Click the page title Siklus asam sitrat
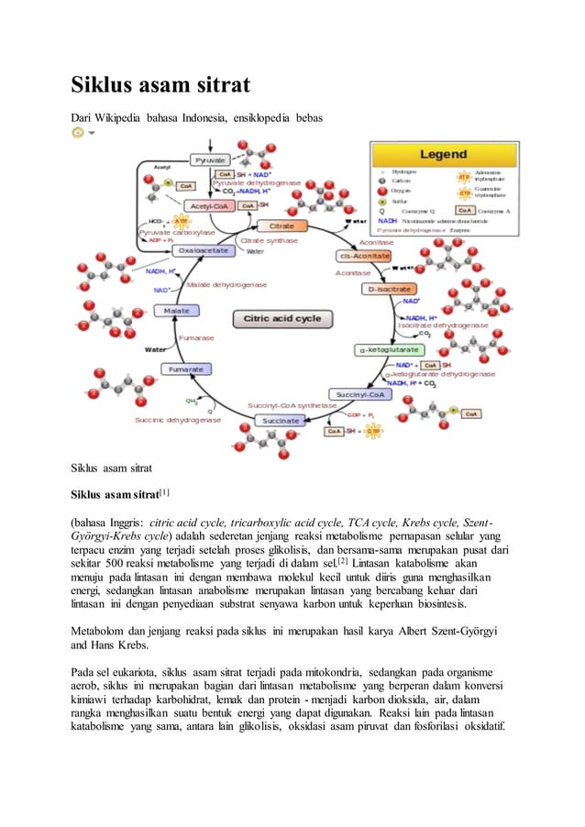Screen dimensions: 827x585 click(161, 88)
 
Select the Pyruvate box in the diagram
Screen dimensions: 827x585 click(211, 160)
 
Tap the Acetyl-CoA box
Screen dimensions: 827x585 click(210, 205)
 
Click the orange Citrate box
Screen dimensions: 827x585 click(275, 226)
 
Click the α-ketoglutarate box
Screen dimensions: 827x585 click(389, 349)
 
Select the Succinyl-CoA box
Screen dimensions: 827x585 click(363, 394)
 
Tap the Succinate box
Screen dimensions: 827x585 click(280, 421)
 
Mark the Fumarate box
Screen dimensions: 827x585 click(186, 369)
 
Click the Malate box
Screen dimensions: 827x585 click(177, 311)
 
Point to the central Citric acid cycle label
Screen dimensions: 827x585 click(281, 319)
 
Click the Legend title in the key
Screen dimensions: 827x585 click(443, 154)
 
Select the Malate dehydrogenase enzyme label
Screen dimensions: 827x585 click(226, 285)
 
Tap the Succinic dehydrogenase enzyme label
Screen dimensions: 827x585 click(177, 420)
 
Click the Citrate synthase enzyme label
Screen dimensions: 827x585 click(269, 240)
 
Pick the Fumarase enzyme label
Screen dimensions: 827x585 click(196, 338)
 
